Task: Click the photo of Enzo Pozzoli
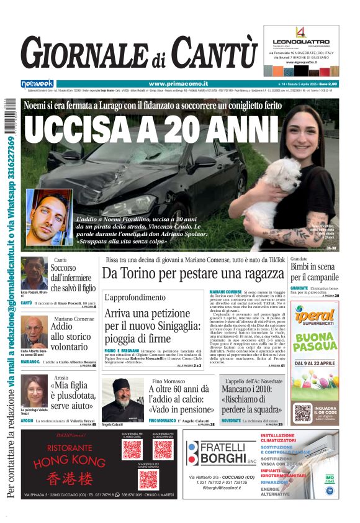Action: [x=34, y=273]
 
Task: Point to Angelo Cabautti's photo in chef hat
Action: [x=122, y=399]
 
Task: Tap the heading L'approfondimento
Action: [x=135, y=298]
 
